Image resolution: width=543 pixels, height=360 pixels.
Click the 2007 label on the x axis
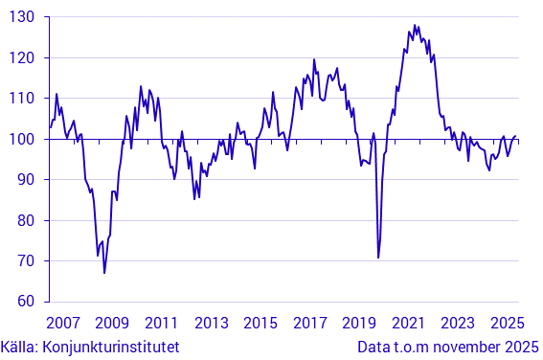pos(62,323)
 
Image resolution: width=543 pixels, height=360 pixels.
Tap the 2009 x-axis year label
pos(112,323)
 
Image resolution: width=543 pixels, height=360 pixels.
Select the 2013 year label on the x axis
pos(211,323)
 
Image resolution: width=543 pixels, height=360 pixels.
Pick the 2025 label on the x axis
pos(507,323)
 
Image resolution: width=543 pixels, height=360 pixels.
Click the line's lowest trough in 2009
pos(104,273)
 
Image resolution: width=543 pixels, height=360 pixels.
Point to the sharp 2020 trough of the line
pos(378,258)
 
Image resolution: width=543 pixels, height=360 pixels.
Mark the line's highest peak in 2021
pos(414,25)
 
